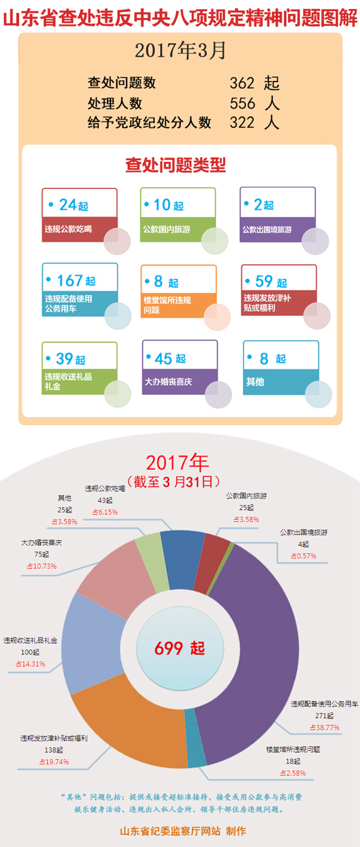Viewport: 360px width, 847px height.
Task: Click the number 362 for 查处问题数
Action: tap(242, 83)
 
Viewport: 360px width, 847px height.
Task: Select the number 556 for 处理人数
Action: tap(242, 103)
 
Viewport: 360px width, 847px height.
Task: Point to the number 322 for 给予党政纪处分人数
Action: tap(242, 122)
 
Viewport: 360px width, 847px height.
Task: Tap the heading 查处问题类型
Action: tap(175, 165)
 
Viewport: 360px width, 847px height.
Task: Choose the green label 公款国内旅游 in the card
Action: tap(166, 229)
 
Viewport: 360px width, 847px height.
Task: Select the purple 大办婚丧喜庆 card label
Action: tap(168, 382)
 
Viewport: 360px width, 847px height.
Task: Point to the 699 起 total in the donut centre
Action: tap(179, 648)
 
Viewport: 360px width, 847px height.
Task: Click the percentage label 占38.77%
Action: tap(324, 728)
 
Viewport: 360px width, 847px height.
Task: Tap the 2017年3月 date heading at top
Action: tap(180, 51)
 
